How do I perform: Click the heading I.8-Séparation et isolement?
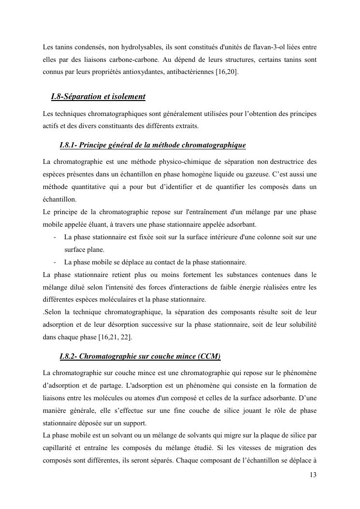pos(98,97)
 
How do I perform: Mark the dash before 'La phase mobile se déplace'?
pos(56,262)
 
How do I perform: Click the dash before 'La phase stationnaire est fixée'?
pos(56,237)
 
